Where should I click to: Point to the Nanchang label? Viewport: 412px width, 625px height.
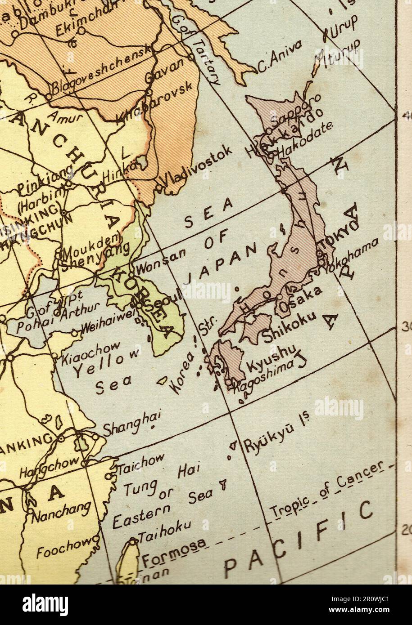pos(62,511)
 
